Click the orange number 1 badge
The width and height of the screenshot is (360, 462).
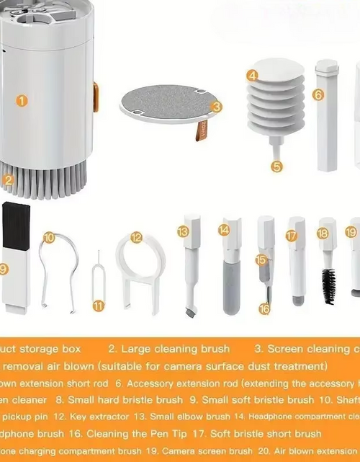(22, 101)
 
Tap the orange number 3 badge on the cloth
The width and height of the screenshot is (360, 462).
(217, 105)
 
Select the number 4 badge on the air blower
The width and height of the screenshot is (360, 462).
(252, 75)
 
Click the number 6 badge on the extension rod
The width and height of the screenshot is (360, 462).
(318, 94)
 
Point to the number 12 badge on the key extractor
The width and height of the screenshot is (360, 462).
(137, 236)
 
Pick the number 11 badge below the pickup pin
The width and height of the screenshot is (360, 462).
(98, 305)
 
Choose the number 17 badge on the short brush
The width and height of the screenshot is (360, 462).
(291, 235)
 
